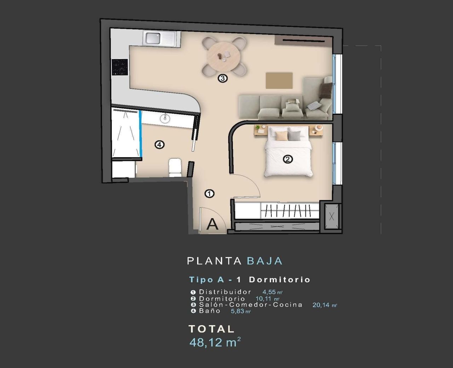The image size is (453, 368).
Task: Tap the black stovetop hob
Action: (120, 67)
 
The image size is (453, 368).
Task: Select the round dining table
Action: (223, 57)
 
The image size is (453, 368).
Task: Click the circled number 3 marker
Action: (222, 78)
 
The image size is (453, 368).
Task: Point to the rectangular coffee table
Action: (279, 81)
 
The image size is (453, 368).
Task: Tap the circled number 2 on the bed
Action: (288, 159)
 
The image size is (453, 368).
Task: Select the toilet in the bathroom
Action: (175, 168)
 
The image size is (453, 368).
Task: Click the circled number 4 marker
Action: (160, 145)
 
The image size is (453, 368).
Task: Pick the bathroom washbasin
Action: (165, 118)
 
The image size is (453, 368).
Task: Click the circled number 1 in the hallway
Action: (210, 194)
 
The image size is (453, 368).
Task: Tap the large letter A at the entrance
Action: (212, 224)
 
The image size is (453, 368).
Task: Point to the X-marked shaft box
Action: (332, 216)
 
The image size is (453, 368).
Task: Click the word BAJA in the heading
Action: (264, 261)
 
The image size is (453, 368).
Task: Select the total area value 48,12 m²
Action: (215, 342)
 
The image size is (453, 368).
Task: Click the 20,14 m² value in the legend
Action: (324, 305)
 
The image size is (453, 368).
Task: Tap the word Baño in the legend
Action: (210, 311)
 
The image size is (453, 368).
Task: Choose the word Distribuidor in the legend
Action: (225, 292)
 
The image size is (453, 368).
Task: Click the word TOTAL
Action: (211, 329)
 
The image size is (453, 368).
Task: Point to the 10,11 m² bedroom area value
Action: (267, 299)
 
